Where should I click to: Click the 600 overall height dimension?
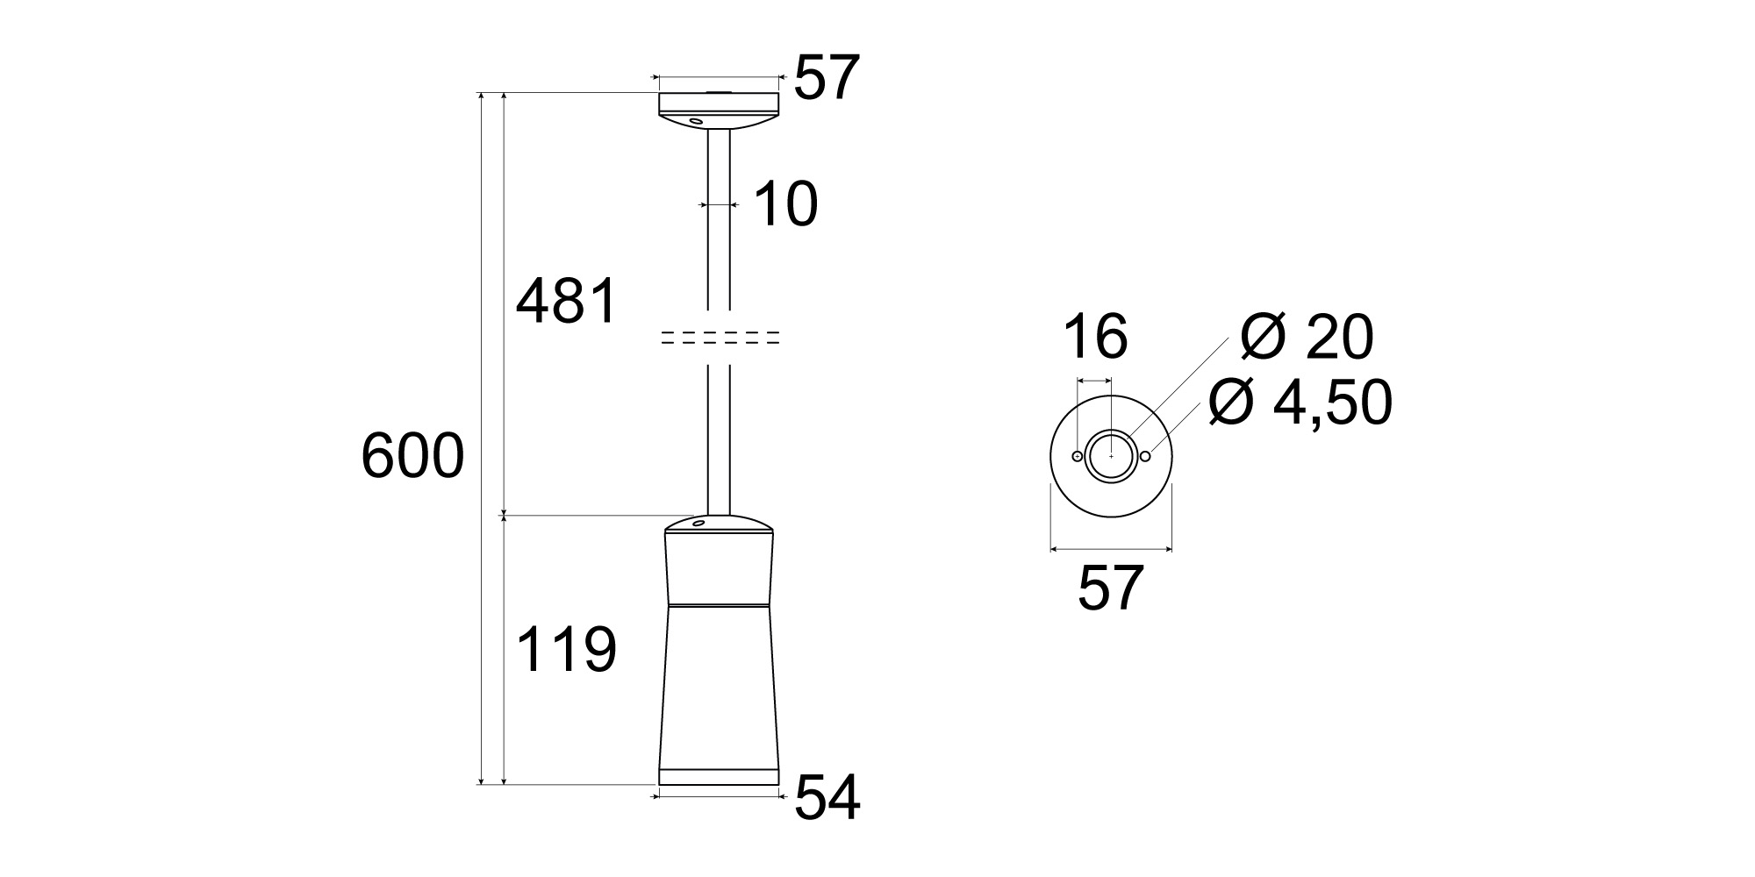click(x=412, y=457)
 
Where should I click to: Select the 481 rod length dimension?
click(x=567, y=302)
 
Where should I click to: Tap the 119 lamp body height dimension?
click(x=567, y=650)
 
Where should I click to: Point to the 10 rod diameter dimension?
click(x=784, y=204)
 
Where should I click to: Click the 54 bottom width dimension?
click(x=827, y=797)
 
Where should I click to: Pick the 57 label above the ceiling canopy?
click(x=825, y=78)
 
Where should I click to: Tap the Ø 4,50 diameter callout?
click(x=1300, y=403)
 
